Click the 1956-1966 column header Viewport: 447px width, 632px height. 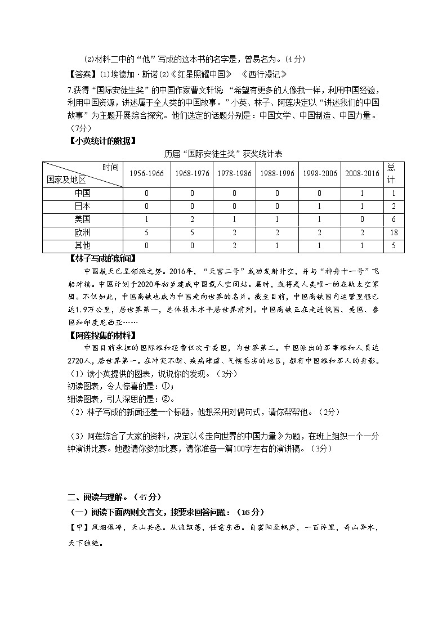click(146, 173)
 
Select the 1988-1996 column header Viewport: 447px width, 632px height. click(277, 173)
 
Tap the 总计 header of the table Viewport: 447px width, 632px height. click(391, 173)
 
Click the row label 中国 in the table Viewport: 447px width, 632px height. click(82, 193)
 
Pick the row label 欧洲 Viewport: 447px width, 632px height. click(82, 232)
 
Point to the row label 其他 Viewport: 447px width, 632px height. click(82, 245)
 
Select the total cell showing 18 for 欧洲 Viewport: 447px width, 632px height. click(391, 232)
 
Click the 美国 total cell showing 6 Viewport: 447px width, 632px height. click(391, 219)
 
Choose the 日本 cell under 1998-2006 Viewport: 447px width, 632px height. click(320, 206)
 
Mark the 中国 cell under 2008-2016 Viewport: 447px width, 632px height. click(363, 193)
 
